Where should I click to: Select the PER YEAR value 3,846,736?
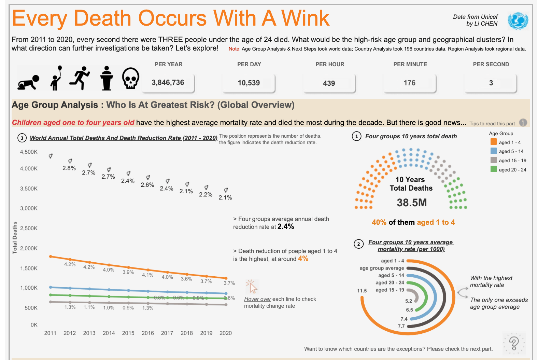coord(168,83)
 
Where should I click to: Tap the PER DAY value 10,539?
coord(249,83)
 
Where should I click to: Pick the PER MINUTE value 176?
coord(410,83)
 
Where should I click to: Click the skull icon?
coord(130,79)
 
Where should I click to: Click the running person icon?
coord(80,78)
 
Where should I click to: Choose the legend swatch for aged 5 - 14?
coord(493,151)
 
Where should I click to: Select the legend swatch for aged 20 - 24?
coord(493,169)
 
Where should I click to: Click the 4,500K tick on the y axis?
coord(29,152)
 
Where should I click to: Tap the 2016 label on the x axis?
coord(148,333)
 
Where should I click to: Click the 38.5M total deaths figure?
coord(412,203)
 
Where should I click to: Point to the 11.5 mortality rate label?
coord(362,291)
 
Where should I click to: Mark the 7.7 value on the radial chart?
coord(401,326)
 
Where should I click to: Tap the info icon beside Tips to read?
coord(523,123)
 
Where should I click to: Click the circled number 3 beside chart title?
coord(22,138)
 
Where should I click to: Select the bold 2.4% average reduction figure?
coord(286,226)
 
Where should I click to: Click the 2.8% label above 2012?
coord(69,168)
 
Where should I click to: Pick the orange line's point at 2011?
coord(51,256)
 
